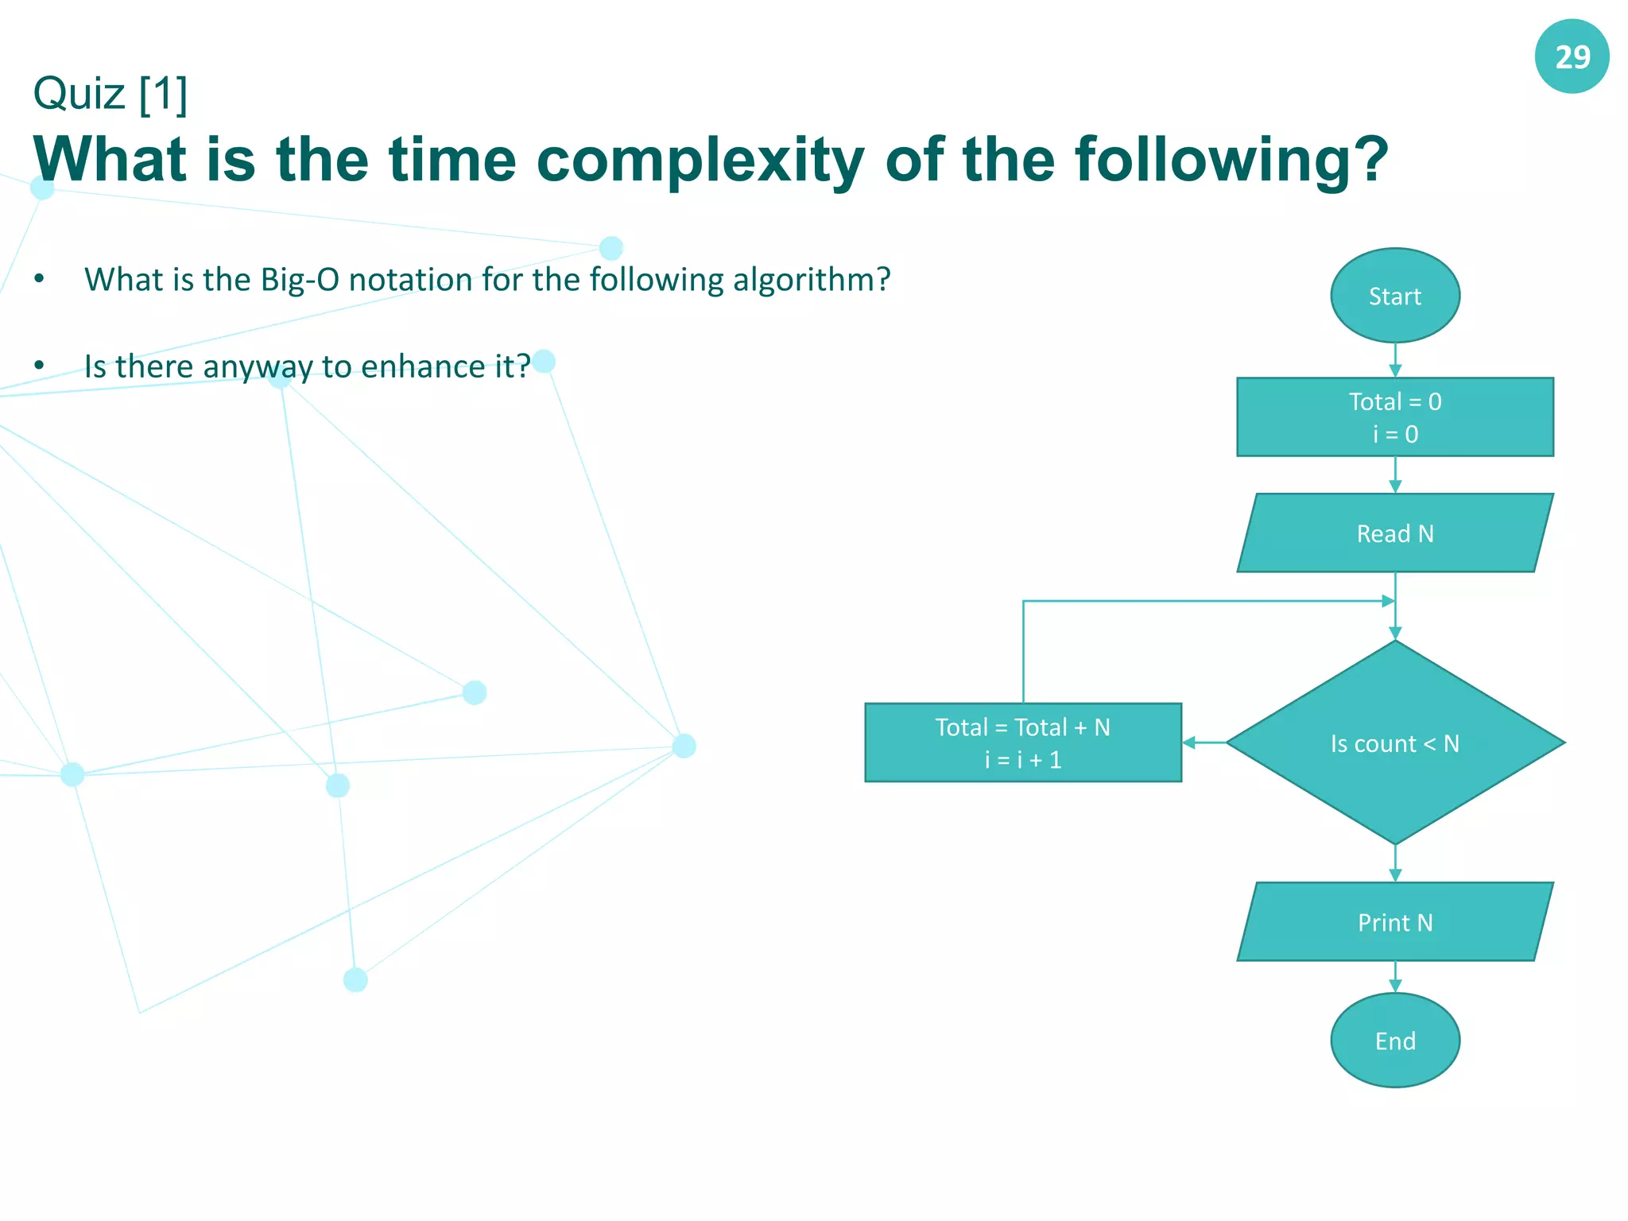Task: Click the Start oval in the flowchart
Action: coord(1394,296)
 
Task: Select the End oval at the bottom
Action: coord(1394,1041)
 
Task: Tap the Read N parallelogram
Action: coord(1394,533)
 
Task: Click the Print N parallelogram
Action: coord(1394,922)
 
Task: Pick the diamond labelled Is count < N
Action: coord(1394,743)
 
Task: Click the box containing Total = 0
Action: coord(1394,417)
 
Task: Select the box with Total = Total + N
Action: coord(1022,742)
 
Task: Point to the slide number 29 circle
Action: coord(1572,57)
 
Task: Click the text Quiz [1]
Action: coord(110,94)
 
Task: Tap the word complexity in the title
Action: coord(700,161)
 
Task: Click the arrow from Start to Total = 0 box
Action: coord(1394,360)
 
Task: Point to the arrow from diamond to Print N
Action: coord(1394,863)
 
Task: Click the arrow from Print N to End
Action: coord(1394,977)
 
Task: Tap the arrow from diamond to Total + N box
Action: coord(1204,742)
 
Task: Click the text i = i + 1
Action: coord(1022,760)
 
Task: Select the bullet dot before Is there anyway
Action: coord(39,366)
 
